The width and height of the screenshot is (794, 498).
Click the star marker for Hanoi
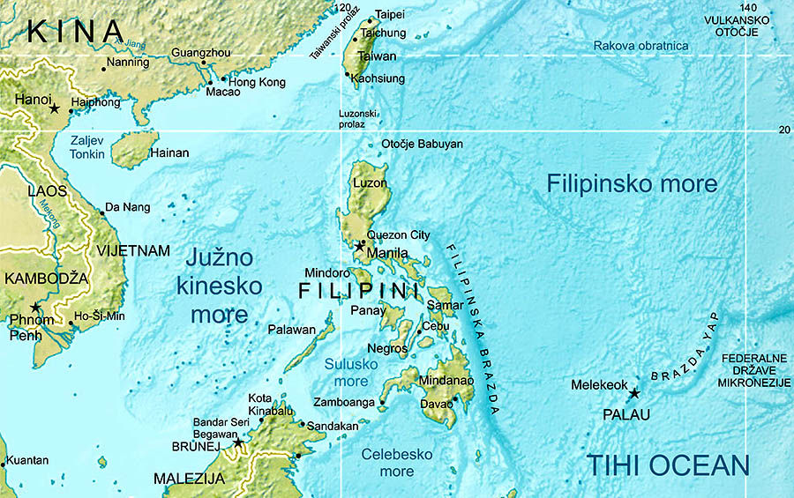pyautogui.click(x=55, y=108)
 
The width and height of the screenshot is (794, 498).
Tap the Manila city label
pyautogui.click(x=386, y=252)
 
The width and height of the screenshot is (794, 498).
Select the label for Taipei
pyautogui.click(x=390, y=15)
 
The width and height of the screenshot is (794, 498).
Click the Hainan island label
pyautogui.click(x=169, y=153)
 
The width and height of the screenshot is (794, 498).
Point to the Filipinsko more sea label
pyautogui.click(x=632, y=184)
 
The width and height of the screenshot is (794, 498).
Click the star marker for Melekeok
pyautogui.click(x=633, y=393)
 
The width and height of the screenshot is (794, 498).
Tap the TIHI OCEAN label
pyautogui.click(x=668, y=465)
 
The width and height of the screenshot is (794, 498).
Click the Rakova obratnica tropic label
pyautogui.click(x=640, y=46)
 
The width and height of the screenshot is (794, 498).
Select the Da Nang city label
pyautogui.click(x=127, y=208)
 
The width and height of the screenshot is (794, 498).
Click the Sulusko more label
pyautogui.click(x=350, y=373)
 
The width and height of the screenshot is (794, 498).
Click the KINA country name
pyautogui.click(x=76, y=32)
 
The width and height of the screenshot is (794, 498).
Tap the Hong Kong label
pyautogui.click(x=258, y=82)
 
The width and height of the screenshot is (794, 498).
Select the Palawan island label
pyautogui.click(x=292, y=330)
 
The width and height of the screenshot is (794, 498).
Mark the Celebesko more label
pyautogui.click(x=396, y=463)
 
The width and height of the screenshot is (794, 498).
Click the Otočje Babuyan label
pyautogui.click(x=422, y=144)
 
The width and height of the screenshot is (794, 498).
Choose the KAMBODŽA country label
pyautogui.click(x=46, y=279)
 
